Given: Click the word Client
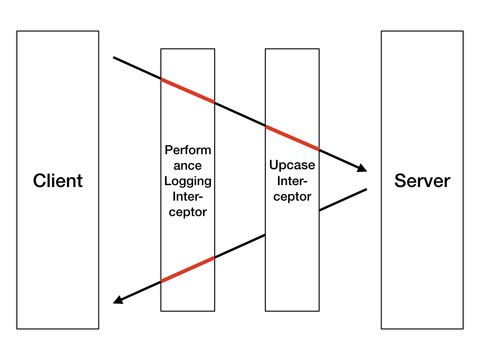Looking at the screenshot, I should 58,181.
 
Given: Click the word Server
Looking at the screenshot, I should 422,181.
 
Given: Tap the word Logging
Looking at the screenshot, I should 187,181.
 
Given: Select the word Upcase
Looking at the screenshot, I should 292,165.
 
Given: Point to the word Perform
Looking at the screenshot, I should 187,150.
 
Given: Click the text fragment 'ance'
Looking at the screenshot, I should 187,166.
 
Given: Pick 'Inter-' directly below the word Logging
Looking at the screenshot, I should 187,196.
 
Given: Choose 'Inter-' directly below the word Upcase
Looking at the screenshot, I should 292,181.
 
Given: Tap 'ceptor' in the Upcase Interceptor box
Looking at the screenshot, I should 292,196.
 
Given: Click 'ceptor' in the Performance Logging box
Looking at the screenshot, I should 187,212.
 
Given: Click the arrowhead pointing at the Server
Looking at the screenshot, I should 362,168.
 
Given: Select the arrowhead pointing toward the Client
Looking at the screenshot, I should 119,300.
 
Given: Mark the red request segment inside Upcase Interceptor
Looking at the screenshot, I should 292,138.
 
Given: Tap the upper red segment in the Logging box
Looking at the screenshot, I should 187,90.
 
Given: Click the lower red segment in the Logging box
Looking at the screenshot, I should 187,270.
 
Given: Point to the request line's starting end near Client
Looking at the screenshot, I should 114,58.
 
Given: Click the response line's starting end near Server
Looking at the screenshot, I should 366,189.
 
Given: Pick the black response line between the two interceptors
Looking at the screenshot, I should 240,246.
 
